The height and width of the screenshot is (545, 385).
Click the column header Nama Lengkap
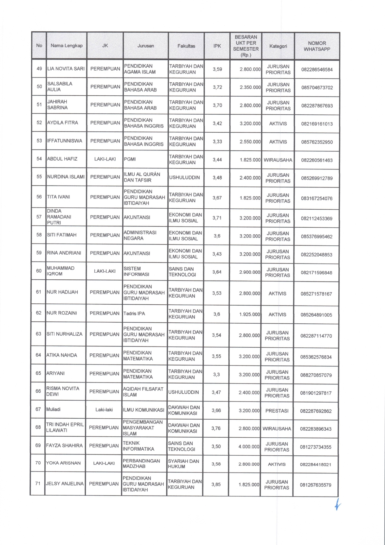(67, 46)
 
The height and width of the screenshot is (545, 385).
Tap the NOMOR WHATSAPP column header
(317, 46)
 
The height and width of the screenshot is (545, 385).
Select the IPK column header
(217, 46)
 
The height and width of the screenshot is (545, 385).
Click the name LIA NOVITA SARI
(66, 69)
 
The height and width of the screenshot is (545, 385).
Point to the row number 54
(39, 159)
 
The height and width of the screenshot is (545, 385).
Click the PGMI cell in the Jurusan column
(130, 159)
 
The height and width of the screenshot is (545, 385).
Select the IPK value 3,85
(216, 485)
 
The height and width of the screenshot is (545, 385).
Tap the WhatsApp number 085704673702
(317, 88)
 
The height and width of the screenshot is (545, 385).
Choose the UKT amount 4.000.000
(249, 447)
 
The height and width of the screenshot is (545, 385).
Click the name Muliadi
(53, 409)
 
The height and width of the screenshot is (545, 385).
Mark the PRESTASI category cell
(277, 411)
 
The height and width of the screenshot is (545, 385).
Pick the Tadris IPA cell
(134, 314)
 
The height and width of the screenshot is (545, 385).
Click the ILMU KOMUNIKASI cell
(144, 410)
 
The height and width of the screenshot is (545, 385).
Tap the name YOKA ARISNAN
(63, 463)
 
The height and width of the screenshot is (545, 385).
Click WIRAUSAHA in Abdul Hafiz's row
(278, 160)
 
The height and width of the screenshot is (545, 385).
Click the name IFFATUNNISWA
(65, 141)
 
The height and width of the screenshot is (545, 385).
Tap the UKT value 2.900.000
(250, 272)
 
